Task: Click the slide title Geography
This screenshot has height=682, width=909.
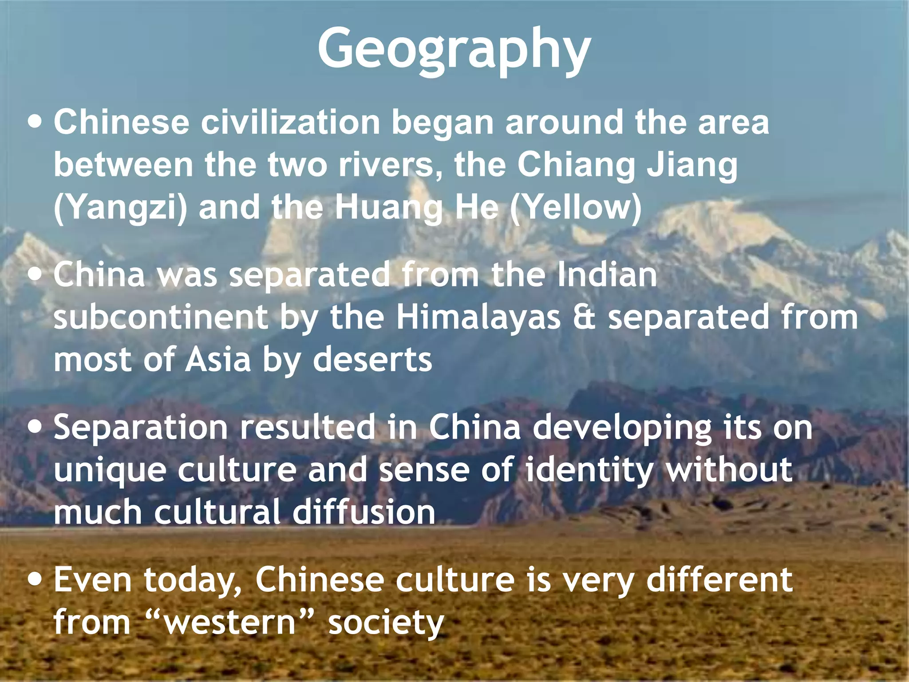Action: (x=454, y=49)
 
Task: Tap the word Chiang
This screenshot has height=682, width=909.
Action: (x=576, y=165)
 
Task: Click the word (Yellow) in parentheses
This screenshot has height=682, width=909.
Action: (x=576, y=207)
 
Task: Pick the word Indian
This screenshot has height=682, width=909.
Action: (x=607, y=275)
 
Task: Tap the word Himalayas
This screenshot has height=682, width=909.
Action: (x=478, y=317)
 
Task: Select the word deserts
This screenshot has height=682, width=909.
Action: (x=372, y=360)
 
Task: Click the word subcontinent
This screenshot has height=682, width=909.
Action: (x=161, y=317)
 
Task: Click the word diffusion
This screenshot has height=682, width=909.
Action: (x=364, y=512)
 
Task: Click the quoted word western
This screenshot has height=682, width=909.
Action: (x=229, y=622)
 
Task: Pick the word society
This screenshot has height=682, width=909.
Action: (x=386, y=622)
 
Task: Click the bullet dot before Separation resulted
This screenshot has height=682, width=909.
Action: (x=35, y=427)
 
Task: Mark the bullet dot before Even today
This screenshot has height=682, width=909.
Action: (x=35, y=580)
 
